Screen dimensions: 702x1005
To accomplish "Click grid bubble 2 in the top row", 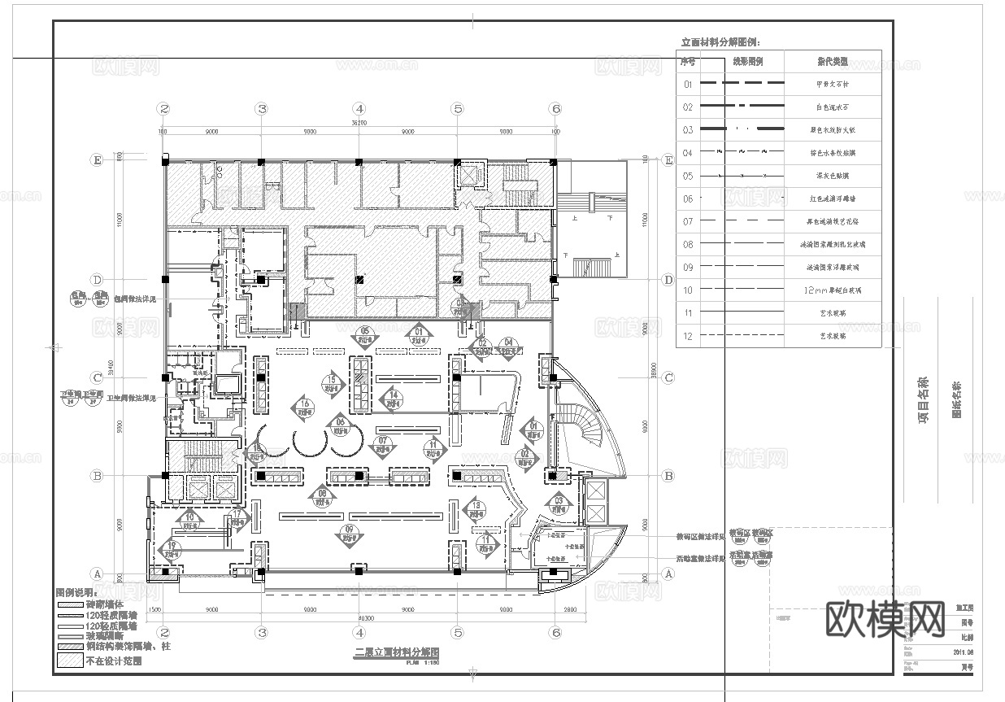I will (163, 108).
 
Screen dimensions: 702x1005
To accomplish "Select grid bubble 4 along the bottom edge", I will (359, 632).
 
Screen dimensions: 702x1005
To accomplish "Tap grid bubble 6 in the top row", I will (555, 108).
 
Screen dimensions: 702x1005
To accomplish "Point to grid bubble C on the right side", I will (668, 377).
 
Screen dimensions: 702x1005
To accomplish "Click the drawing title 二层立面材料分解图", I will (397, 652).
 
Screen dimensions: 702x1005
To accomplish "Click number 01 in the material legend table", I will (688, 84).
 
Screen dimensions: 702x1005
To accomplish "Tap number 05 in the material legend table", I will (688, 176).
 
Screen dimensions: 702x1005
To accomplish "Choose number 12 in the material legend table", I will (688, 336).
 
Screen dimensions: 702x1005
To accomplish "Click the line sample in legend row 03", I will (743, 129).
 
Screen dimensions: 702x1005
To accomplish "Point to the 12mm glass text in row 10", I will (832, 290).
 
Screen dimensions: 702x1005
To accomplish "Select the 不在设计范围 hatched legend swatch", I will (69, 661).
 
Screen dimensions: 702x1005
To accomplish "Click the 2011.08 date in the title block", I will (964, 651).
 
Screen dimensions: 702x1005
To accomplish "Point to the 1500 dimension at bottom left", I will (154, 608).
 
